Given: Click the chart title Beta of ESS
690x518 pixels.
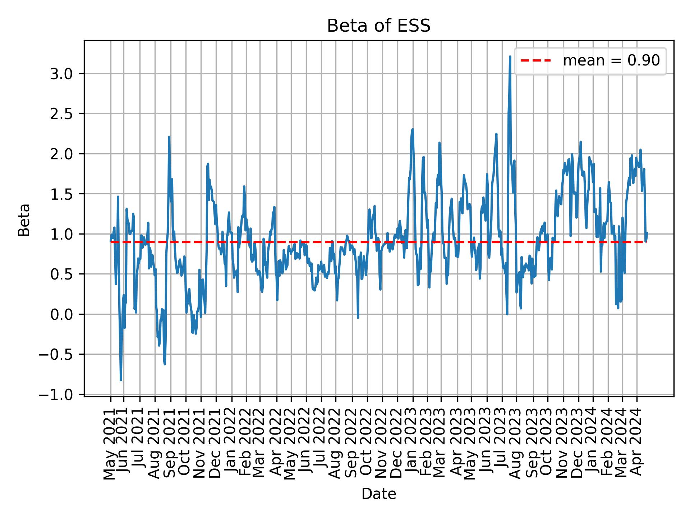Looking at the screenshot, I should pyautogui.click(x=378, y=26).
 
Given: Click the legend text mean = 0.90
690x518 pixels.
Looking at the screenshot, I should pyautogui.click(x=611, y=61).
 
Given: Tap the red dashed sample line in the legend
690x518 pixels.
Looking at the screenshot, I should pyautogui.click(x=535, y=61).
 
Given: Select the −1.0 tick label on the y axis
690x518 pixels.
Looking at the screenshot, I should pyautogui.click(x=61, y=395).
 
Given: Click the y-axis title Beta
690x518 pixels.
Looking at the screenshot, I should pyautogui.click(x=24, y=220).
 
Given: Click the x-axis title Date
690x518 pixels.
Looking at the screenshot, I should pyautogui.click(x=378, y=494).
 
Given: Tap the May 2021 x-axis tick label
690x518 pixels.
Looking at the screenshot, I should pyautogui.click(x=111, y=444).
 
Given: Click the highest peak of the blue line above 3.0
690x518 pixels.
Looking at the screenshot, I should pyautogui.click(x=510, y=56).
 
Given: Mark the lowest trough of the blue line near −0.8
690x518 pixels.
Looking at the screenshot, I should pyautogui.click(x=121, y=380).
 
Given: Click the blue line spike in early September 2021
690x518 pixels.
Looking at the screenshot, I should pyautogui.click(x=169, y=137).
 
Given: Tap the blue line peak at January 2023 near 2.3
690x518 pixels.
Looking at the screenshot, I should pyautogui.click(x=413, y=129).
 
